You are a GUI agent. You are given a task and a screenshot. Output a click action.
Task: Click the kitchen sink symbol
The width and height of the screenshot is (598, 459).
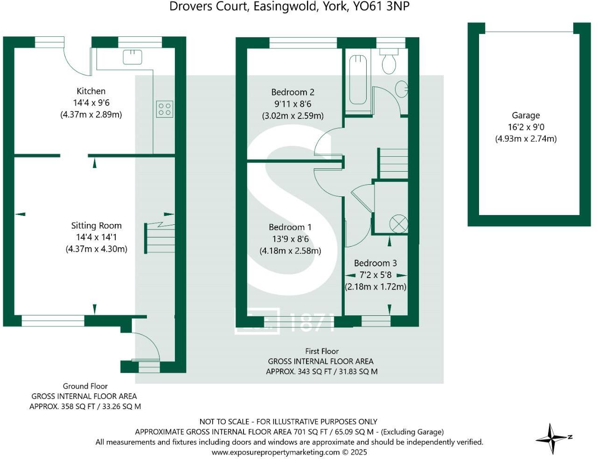tap(132, 57)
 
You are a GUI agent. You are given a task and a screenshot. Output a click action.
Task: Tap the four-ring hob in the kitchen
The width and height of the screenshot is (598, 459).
tap(165, 109)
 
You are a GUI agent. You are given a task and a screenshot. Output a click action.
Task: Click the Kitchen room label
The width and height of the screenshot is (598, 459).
tap(91, 91)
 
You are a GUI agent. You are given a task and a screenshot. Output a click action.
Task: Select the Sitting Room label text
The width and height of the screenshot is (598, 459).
tap(96, 225)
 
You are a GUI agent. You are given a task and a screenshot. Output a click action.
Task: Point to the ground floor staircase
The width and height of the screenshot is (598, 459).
tap(160, 238)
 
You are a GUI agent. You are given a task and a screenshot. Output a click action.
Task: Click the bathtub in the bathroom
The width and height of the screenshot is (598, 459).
tap(358, 79)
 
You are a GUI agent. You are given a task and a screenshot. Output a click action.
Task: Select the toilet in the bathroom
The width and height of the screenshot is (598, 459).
tap(389, 62)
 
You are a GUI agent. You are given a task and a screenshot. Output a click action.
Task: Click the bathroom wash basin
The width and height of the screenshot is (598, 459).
tap(401, 89)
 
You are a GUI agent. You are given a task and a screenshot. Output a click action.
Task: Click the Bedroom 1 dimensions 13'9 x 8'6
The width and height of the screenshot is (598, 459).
tap(290, 239)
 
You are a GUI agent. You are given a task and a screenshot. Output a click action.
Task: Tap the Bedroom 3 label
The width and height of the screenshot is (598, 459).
tap(375, 263)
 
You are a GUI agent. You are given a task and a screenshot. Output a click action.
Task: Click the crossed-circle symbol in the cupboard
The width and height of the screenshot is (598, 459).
tap(399, 223)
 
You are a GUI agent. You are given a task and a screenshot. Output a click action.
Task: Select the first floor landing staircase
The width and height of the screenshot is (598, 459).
tap(393, 163)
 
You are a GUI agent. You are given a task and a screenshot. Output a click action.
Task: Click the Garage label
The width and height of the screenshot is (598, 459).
tap(526, 115)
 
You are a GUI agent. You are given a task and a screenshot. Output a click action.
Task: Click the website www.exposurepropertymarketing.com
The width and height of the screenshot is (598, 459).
tap(276, 452)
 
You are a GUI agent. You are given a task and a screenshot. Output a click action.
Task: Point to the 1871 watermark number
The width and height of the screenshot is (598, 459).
tap(311, 322)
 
